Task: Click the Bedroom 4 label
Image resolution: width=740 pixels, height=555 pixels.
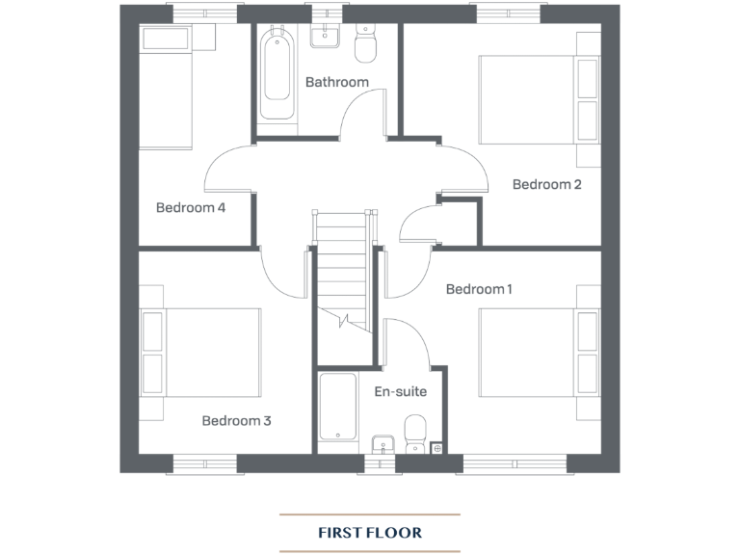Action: click(191, 207)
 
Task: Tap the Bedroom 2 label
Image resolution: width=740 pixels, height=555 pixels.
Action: click(546, 184)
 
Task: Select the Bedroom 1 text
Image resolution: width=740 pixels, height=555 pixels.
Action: click(479, 289)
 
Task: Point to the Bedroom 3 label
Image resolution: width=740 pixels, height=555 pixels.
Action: click(236, 420)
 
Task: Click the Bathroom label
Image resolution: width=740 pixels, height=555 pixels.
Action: click(336, 82)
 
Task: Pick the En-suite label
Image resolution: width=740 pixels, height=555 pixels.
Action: click(400, 391)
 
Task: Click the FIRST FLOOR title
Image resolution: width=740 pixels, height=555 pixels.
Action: click(370, 532)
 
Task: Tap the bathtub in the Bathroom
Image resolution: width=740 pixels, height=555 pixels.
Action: click(277, 75)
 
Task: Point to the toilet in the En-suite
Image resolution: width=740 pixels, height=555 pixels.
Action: click(415, 433)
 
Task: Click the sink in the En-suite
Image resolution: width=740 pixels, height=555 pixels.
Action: click(383, 442)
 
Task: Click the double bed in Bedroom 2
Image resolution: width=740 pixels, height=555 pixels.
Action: click(538, 99)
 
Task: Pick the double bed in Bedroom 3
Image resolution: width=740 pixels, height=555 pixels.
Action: click(202, 353)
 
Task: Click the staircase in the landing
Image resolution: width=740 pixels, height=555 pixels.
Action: click(342, 270)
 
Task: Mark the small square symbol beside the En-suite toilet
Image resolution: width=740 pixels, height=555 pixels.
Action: click(437, 447)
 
